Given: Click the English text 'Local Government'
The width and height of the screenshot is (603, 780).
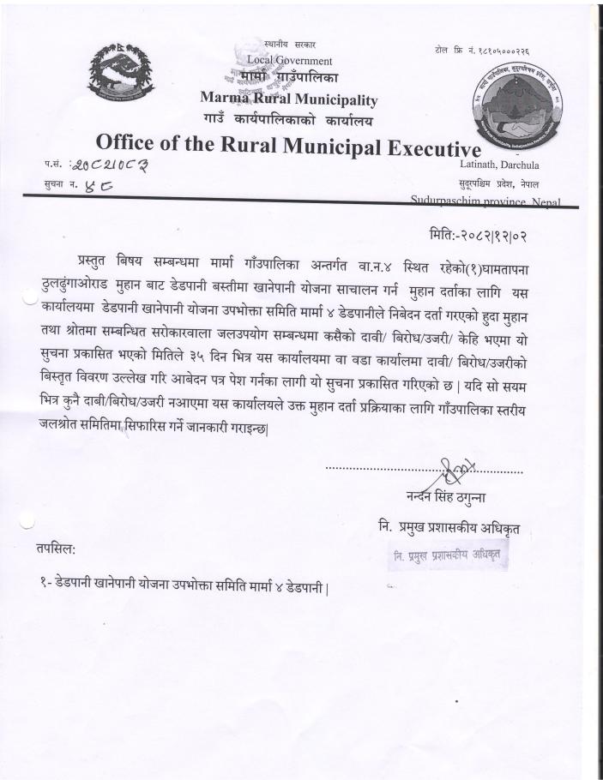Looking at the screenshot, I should click(x=289, y=61).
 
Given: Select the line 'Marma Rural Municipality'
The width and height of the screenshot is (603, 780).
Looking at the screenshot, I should click(x=288, y=99).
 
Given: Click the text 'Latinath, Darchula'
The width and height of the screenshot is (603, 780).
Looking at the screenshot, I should click(x=504, y=165).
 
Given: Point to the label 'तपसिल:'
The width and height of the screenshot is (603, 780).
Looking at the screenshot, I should click(x=56, y=548).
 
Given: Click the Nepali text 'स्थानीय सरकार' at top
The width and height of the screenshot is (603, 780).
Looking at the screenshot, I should click(x=289, y=45).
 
